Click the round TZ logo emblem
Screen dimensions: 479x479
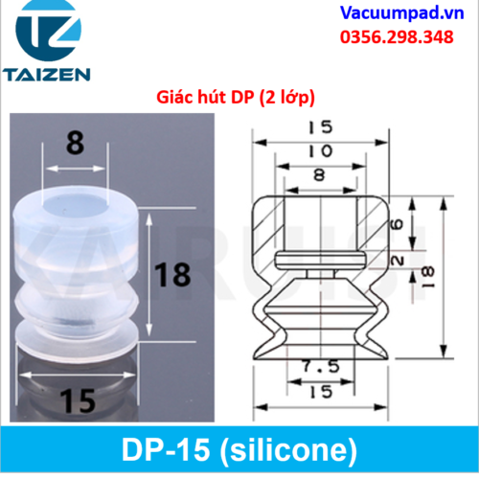tap(48, 30)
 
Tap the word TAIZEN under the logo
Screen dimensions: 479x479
tap(47, 75)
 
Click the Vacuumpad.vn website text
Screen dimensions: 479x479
tap(401, 13)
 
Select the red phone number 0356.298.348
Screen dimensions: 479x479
tap(397, 37)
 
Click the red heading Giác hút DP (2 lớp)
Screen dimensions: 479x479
tap(236, 97)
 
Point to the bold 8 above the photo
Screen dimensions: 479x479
tap(76, 143)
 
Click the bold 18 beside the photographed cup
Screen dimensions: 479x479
tap(172, 275)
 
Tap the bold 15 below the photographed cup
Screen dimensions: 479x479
tap(78, 400)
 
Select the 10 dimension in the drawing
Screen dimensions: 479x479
tap(320, 151)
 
